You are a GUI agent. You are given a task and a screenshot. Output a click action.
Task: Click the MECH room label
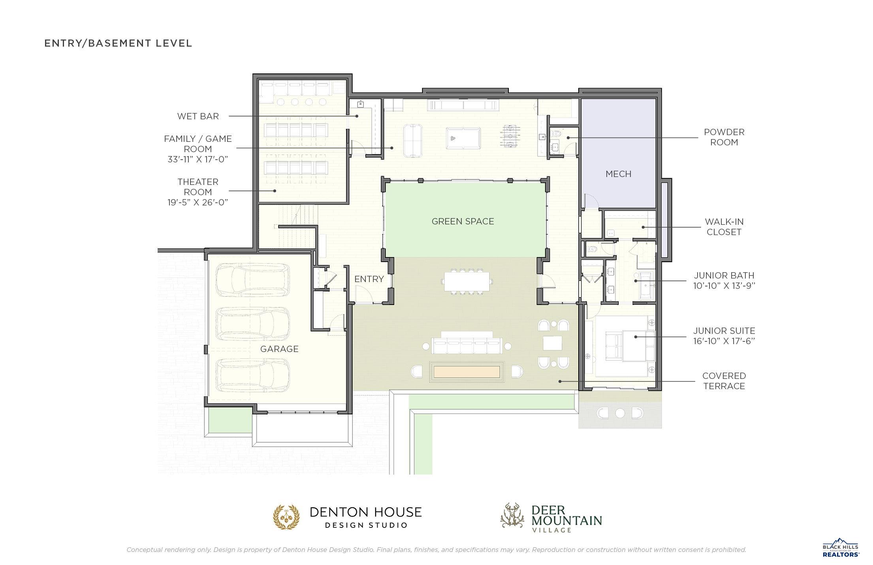(618, 174)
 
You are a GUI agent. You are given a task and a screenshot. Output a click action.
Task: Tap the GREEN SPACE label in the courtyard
(463, 221)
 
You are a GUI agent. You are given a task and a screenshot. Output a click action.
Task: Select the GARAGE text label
(279, 349)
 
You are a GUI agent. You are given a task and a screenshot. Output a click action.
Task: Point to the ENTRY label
(369, 279)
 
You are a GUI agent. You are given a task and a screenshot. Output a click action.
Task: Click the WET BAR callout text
(198, 116)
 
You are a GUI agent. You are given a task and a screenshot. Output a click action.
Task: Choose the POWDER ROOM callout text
(724, 137)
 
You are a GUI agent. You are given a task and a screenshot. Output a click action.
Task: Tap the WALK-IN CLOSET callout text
(724, 227)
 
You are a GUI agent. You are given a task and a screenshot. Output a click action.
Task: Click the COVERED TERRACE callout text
(724, 381)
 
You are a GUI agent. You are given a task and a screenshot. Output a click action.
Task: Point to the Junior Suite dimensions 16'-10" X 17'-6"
(724, 341)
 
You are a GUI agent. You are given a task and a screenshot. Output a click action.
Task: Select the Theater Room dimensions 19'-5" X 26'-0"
(198, 202)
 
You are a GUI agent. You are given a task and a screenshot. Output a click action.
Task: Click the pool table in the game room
(463, 138)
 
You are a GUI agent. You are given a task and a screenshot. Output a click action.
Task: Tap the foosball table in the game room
(512, 136)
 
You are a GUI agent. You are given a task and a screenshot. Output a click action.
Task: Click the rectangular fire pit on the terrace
(467, 372)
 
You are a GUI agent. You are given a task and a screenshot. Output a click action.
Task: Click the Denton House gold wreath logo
(287, 517)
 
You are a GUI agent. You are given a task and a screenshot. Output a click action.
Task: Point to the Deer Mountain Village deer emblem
(512, 515)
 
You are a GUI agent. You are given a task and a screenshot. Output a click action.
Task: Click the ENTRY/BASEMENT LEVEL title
(118, 43)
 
